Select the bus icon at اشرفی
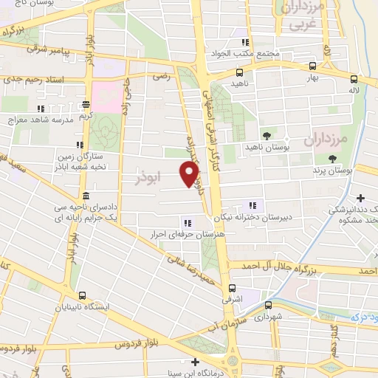pos(233,288)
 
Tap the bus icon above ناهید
pos(238,72)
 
